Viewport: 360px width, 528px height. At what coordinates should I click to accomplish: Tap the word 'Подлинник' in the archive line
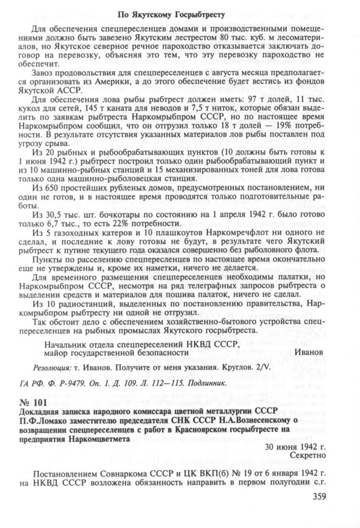click(203, 383)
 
